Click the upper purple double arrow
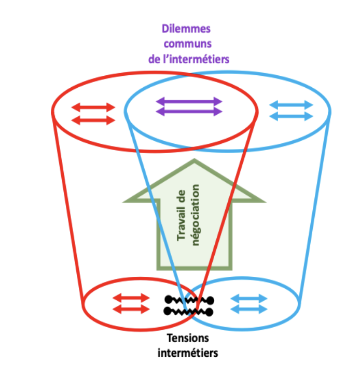(189, 101)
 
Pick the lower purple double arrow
(189, 111)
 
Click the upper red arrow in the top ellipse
(93, 108)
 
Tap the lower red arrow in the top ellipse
(93, 120)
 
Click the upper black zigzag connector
(189, 300)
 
